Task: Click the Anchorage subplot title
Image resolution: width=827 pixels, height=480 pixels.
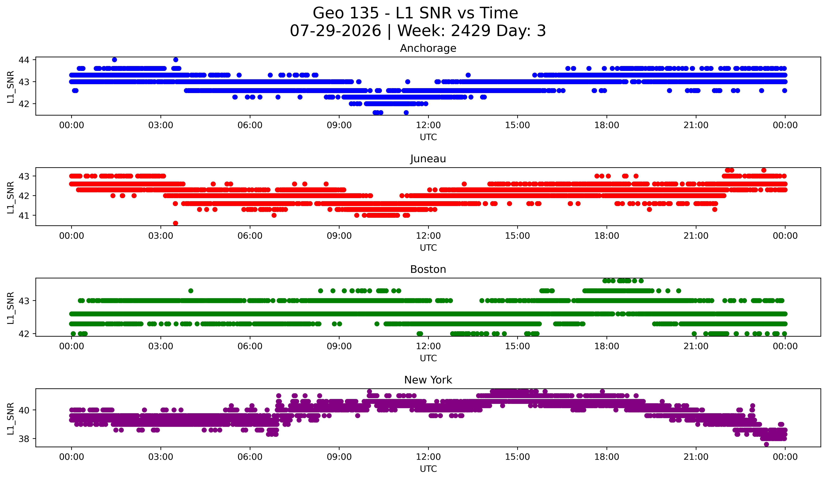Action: coord(428,48)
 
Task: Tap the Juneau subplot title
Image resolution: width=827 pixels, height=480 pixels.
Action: coord(428,159)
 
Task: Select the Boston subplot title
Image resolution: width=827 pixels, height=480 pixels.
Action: coord(428,269)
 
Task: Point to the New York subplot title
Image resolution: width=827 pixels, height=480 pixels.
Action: coord(428,380)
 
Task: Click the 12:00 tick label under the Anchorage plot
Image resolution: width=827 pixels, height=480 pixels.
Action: coord(428,125)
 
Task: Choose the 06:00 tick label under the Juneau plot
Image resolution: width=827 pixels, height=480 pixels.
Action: coord(250,236)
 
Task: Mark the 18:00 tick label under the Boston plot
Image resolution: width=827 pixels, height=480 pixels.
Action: coord(607,346)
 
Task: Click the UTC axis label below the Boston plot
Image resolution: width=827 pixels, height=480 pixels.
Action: coord(428,358)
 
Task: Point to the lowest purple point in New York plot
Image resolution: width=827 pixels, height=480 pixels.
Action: coord(766,444)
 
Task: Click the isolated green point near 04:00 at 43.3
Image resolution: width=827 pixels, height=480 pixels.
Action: coord(191,291)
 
